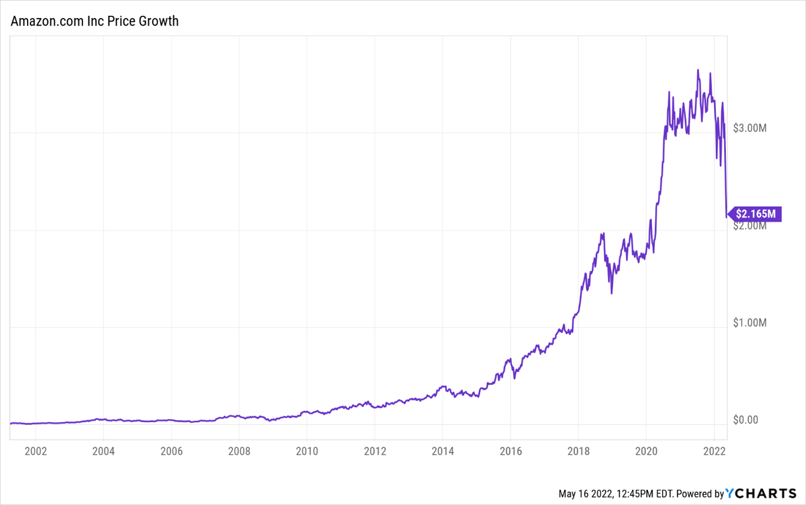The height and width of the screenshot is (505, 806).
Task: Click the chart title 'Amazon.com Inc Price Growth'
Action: tap(95, 21)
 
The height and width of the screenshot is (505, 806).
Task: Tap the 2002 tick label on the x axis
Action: tap(36, 451)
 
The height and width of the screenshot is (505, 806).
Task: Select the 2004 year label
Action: tap(103, 451)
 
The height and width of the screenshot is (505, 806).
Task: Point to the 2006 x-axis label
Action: tap(171, 451)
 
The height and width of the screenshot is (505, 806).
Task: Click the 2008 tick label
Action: tap(239, 451)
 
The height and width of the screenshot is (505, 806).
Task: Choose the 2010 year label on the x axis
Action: tap(307, 451)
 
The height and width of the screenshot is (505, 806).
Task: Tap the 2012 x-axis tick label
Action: tap(375, 451)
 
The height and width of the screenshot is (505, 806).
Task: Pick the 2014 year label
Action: tap(442, 451)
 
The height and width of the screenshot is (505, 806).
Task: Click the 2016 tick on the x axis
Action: tap(511, 451)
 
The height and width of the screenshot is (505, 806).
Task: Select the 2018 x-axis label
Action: tap(578, 451)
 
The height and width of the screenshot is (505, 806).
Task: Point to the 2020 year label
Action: tap(646, 451)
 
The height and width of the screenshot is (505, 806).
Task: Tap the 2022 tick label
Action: tap(714, 451)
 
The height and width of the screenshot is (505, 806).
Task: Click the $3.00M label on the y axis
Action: tap(750, 128)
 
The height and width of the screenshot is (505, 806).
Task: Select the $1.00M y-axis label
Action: tap(750, 323)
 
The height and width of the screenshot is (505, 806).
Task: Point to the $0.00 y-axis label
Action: tap(745, 420)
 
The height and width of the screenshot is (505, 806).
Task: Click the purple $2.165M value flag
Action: tap(755, 214)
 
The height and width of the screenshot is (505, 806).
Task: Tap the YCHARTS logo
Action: tap(761, 494)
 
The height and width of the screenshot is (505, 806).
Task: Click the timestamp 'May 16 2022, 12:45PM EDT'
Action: tap(615, 494)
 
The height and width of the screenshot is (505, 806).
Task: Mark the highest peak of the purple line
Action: tap(698, 70)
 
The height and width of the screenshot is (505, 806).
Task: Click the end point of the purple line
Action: tap(726, 216)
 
